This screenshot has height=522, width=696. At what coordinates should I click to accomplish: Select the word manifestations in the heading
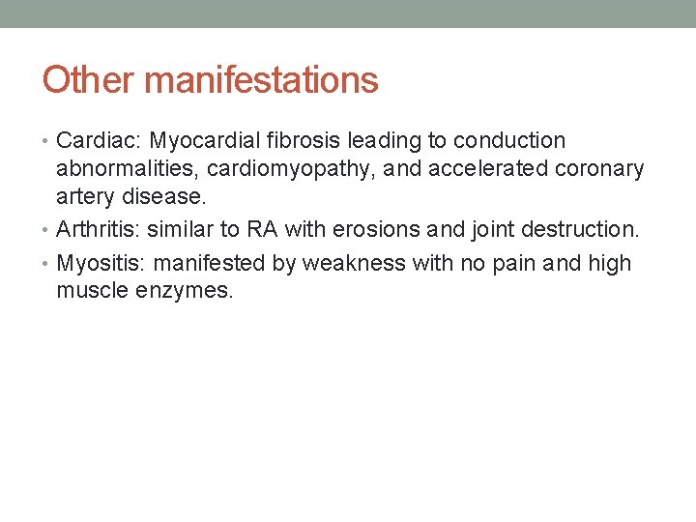click(x=261, y=79)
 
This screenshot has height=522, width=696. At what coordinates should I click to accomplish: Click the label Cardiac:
click(x=100, y=141)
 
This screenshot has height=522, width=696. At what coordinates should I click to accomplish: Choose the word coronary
click(x=600, y=169)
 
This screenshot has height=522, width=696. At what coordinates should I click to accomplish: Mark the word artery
click(x=85, y=197)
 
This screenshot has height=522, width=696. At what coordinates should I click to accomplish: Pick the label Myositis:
click(x=102, y=263)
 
